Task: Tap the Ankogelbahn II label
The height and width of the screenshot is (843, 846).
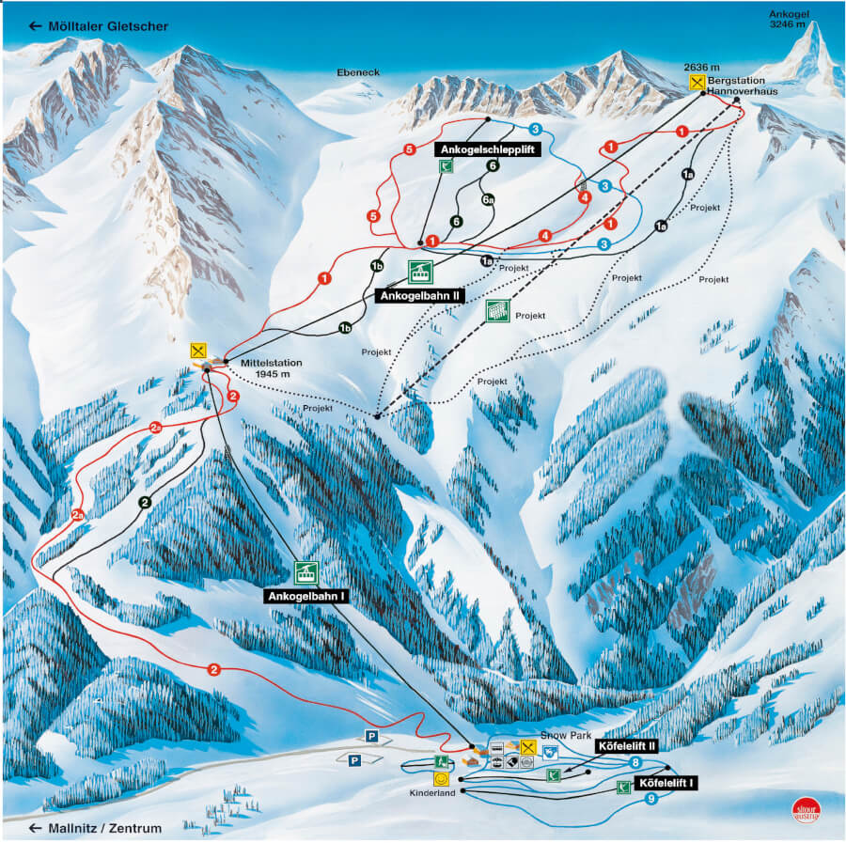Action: [419, 295]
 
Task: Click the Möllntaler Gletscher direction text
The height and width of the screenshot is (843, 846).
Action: [100, 26]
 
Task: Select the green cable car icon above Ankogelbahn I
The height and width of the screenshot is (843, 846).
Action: [305, 571]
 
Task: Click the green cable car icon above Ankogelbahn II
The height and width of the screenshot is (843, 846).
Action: [420, 272]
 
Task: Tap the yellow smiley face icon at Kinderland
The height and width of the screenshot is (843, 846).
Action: [440, 778]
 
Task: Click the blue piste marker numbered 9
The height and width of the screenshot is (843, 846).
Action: [651, 800]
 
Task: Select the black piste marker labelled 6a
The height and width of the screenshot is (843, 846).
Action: [488, 199]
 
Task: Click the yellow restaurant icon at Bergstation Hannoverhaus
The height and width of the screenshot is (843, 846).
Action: [697, 83]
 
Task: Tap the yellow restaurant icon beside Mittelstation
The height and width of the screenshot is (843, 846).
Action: [197, 348]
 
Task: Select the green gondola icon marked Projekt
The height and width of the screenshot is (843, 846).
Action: [497, 311]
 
